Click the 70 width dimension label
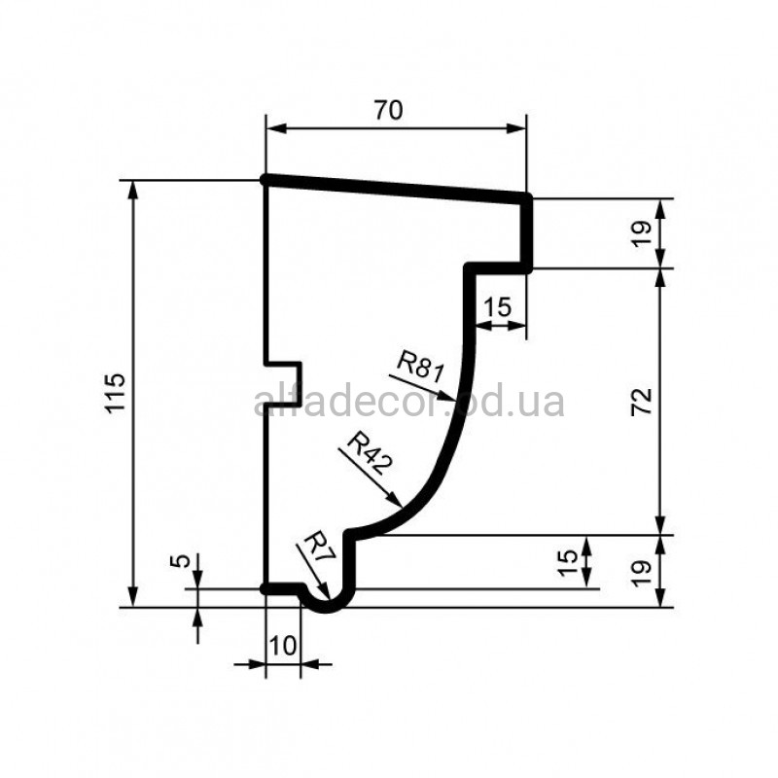click(388, 110)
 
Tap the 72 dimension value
click(642, 402)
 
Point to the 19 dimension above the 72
click(642, 233)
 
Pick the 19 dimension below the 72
click(642, 573)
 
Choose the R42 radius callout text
click(371, 452)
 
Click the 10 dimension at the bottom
click(283, 646)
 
